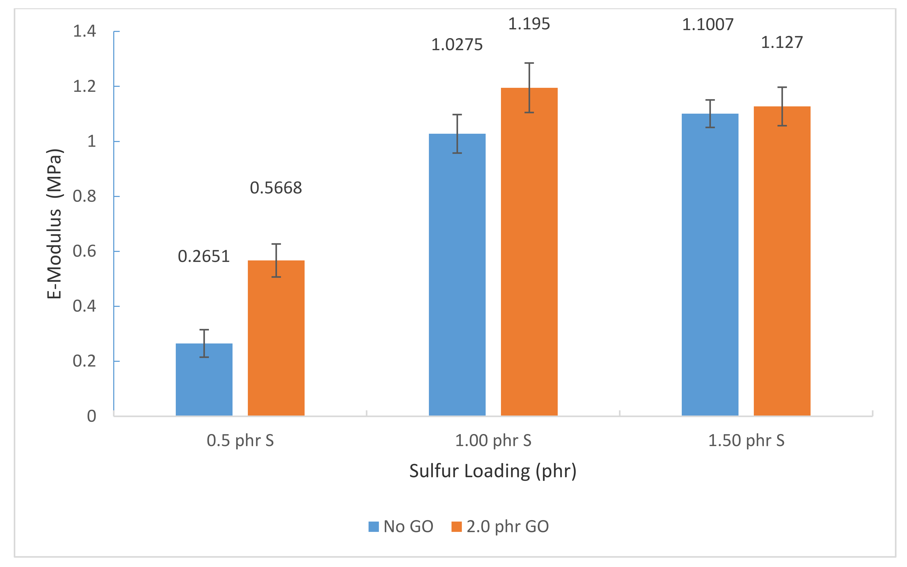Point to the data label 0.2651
click(x=203, y=256)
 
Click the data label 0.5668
click(x=276, y=188)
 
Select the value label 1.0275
click(x=457, y=45)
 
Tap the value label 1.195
click(x=529, y=24)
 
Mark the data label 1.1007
click(x=707, y=25)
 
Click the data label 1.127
click(x=782, y=43)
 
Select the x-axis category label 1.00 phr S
click(x=493, y=440)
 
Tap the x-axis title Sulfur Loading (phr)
click(x=493, y=471)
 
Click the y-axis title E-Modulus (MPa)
click(x=55, y=224)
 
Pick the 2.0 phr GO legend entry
click(x=500, y=527)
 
